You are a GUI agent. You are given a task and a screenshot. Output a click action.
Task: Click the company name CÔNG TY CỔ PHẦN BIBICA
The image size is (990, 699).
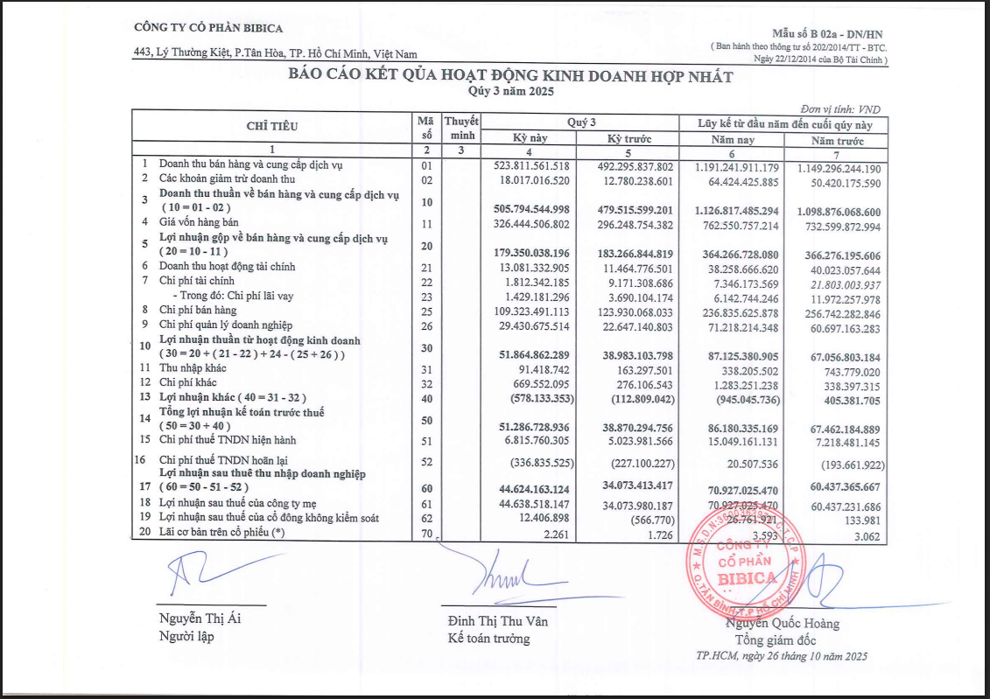coord(207,28)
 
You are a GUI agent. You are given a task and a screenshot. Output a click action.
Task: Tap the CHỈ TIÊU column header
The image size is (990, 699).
coord(271,126)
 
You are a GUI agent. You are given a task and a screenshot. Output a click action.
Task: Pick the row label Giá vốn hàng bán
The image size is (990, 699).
coord(199,223)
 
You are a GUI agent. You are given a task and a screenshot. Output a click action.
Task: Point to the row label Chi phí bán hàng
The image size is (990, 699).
coord(198,310)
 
